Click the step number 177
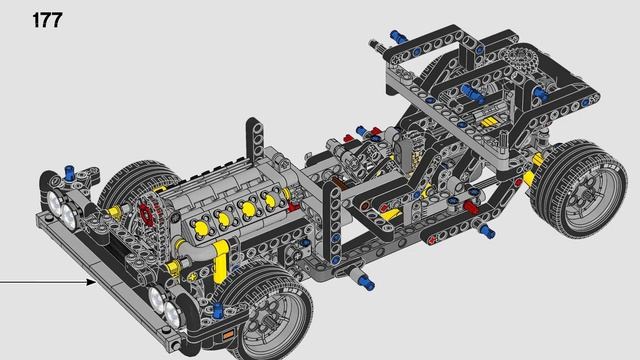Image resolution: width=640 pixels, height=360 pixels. tap(47, 20)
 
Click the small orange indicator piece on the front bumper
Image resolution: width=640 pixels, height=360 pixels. tap(228, 335)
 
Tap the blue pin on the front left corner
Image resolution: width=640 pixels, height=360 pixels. tap(70, 173)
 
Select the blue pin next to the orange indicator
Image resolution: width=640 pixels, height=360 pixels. tap(217, 310)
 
